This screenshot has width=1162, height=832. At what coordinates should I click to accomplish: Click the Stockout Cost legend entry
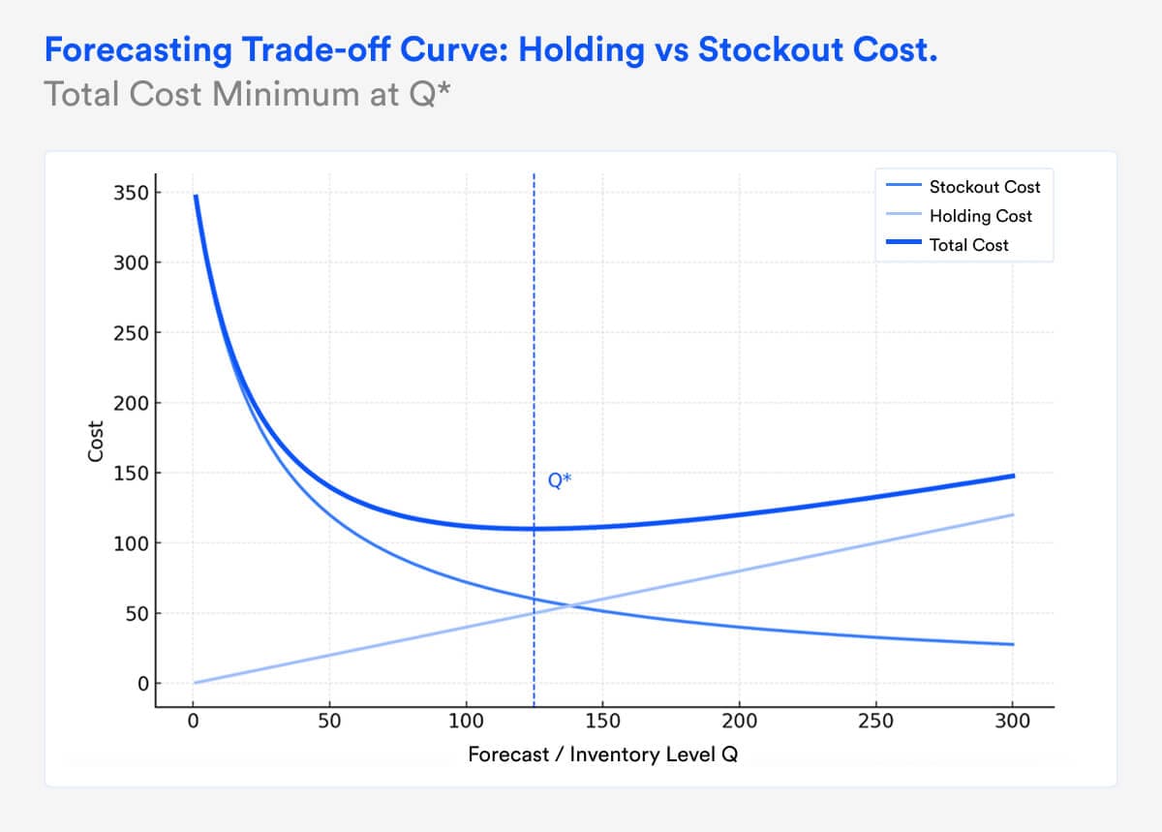click(x=984, y=187)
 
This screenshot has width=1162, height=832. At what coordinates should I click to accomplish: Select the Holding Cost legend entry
click(x=980, y=216)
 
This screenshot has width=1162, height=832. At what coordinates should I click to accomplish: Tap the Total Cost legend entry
click(x=968, y=245)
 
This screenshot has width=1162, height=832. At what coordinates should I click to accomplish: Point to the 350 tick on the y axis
click(x=135, y=193)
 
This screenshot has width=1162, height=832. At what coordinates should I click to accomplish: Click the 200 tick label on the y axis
click(x=135, y=403)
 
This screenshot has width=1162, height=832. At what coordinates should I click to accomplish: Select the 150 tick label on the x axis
click(x=603, y=722)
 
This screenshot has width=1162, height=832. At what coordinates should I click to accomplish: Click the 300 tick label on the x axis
click(x=1013, y=722)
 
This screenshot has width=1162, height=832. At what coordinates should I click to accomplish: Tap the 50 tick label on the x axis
click(x=330, y=722)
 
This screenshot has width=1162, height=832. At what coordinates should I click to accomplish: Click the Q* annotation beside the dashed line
click(x=560, y=479)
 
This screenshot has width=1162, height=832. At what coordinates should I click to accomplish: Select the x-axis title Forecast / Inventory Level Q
click(x=602, y=755)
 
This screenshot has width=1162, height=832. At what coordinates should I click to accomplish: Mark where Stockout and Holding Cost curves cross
click(x=569, y=605)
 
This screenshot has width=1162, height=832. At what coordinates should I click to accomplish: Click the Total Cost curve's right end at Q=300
click(x=1013, y=476)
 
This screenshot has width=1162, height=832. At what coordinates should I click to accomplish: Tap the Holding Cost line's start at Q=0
click(x=195, y=683)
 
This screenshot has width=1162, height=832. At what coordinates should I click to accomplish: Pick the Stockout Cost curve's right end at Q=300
click(x=1013, y=644)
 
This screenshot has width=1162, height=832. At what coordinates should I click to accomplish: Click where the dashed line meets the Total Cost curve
click(x=534, y=529)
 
